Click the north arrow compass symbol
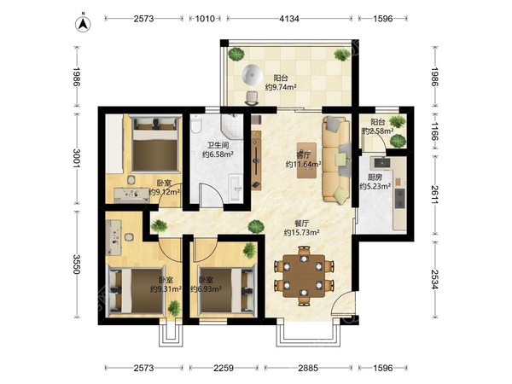tap(84, 24)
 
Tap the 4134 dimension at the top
tap(289, 19)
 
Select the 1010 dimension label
tap(205, 19)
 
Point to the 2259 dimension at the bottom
tap(224, 368)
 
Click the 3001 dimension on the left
tap(77, 159)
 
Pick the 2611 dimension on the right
tap(434, 195)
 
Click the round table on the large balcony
tap(252, 75)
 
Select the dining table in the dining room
tap(304, 276)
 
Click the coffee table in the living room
tap(306, 160)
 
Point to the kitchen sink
tap(381, 162)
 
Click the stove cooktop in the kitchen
tap(399, 199)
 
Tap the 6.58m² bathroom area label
tap(218, 154)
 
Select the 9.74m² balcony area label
tap(281, 87)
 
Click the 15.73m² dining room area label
tap(301, 232)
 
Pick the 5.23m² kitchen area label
tap(375, 186)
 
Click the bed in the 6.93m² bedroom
tap(227, 290)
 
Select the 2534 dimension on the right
tap(434, 279)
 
